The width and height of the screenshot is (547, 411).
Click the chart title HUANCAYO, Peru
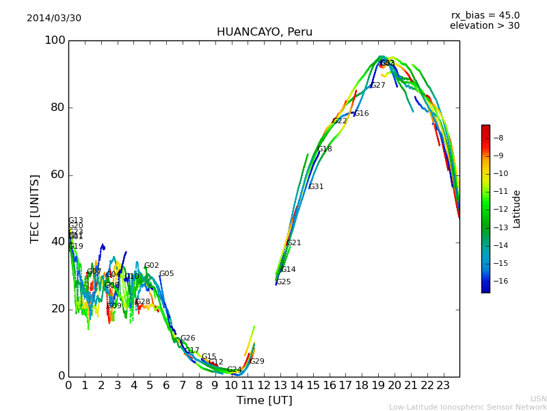point(264,32)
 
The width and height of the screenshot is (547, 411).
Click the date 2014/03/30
point(54,18)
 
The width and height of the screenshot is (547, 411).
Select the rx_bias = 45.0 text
point(485,16)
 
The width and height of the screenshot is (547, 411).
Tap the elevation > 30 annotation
point(484,26)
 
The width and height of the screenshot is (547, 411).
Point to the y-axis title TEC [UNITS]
point(35,208)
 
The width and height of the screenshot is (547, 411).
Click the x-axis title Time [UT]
point(264,401)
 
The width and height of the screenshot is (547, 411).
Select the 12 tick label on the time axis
point(264,386)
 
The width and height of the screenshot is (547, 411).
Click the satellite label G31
point(316,187)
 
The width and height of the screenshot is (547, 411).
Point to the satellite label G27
point(377,86)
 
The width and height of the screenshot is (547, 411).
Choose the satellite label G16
point(361,114)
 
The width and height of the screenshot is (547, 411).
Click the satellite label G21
point(293,243)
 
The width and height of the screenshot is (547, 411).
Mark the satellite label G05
point(166,274)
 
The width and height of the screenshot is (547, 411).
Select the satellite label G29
point(256,362)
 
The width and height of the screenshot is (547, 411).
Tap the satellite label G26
point(187,338)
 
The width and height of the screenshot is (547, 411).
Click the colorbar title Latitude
point(517,209)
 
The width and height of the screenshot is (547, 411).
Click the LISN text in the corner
point(538,399)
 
